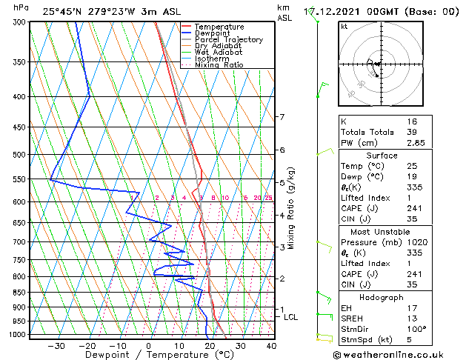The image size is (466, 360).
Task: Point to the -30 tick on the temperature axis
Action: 56,345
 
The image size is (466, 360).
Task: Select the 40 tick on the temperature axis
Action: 271,345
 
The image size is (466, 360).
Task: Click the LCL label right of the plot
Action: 291,317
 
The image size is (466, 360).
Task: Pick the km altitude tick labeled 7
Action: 282,117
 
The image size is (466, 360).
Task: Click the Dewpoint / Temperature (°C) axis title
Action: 148,355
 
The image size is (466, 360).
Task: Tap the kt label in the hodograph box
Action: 344,27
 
